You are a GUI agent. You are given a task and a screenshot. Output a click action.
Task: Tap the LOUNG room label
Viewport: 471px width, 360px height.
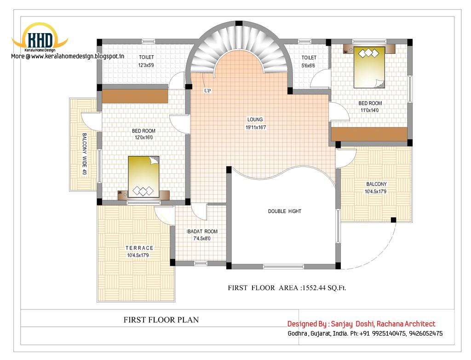pos(254,120)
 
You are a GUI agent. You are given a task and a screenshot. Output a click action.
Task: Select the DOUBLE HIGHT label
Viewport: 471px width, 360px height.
pos(285,211)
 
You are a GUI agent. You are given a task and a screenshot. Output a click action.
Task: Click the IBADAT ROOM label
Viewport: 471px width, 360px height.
pos(202,231)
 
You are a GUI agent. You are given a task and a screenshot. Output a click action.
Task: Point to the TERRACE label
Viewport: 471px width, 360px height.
pos(139,248)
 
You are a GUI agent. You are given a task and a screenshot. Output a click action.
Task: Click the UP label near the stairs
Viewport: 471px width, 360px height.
pos(207,91)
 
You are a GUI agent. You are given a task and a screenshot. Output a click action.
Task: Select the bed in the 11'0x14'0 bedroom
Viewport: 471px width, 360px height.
pos(369,67)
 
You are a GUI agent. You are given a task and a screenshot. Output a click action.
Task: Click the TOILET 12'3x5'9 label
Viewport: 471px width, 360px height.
pos(146,57)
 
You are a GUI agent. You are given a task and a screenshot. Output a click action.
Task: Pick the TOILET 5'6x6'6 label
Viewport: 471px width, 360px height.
pos(309,57)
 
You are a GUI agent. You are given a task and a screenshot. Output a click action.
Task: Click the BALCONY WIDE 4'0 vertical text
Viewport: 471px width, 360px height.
pos(84,154)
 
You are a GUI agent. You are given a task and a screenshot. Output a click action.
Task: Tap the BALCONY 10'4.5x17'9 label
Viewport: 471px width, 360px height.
pos(376,184)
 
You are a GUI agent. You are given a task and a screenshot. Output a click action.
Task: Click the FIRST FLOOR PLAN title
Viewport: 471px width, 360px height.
pos(161,320)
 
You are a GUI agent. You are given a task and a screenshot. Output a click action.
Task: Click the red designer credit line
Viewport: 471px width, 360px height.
pos(361,324)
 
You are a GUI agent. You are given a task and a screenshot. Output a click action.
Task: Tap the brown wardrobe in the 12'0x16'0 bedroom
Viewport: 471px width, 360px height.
pos(135,96)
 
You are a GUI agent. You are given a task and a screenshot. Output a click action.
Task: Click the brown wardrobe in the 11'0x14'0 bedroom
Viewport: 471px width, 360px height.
pos(369,134)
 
